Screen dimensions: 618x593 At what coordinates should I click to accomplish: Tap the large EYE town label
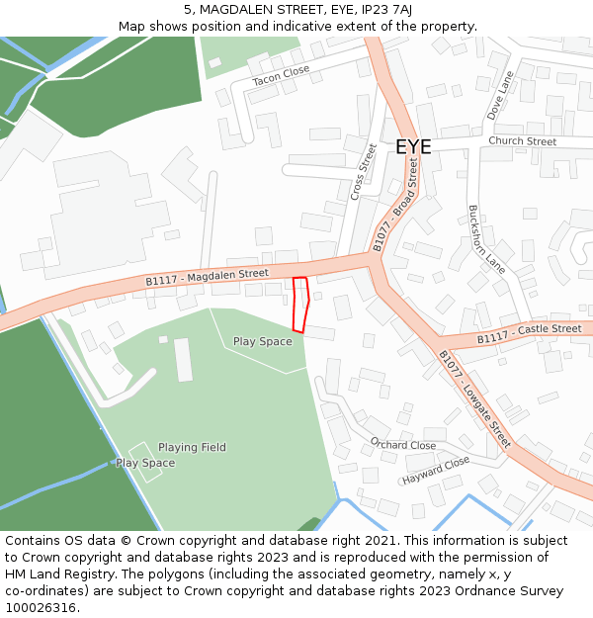[413, 146]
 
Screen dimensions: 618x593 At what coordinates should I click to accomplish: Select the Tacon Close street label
[281, 75]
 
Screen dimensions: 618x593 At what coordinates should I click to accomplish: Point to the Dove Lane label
[500, 95]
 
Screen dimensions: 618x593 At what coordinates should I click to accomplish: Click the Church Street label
[522, 141]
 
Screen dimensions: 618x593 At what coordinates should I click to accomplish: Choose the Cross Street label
[364, 172]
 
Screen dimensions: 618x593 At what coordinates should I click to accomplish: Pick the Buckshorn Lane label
[486, 238]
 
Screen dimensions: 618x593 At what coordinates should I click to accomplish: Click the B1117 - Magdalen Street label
[207, 278]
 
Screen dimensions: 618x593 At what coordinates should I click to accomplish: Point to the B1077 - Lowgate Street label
[474, 398]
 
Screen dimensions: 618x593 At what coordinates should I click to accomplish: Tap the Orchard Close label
[403, 445]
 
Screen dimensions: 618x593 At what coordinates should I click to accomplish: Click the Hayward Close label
[436, 471]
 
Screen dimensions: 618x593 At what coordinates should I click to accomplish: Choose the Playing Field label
[192, 447]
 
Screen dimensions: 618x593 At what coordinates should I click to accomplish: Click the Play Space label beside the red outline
[262, 342]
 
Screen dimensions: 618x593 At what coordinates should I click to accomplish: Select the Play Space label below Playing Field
[145, 463]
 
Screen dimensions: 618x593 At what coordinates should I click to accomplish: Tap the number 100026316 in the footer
[41, 607]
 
